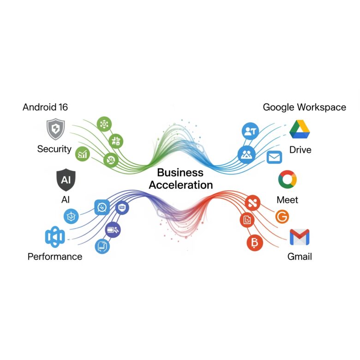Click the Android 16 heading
(x=45, y=107)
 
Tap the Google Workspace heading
(x=305, y=108)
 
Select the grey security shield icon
(x=55, y=129)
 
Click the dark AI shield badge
(x=66, y=180)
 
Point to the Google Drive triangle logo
(x=300, y=129)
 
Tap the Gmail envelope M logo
(x=300, y=237)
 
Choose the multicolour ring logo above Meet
(x=288, y=180)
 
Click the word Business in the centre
(x=180, y=173)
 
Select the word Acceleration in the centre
(x=180, y=185)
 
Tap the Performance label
(x=55, y=257)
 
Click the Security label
(x=54, y=149)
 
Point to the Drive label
(x=300, y=150)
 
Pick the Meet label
(x=287, y=200)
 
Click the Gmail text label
(x=300, y=257)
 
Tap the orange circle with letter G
(x=282, y=216)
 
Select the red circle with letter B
(x=255, y=243)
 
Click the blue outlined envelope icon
(x=274, y=157)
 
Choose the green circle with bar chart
(x=83, y=154)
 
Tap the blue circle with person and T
(x=250, y=131)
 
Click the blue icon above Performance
(x=55, y=237)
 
